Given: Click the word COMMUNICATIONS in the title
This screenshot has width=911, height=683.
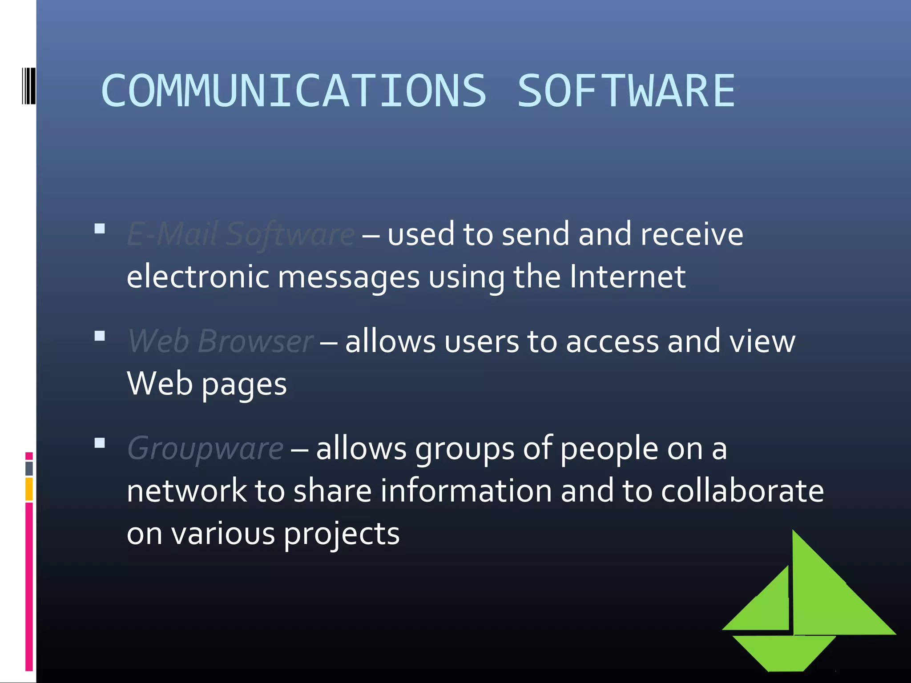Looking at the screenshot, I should (x=294, y=91).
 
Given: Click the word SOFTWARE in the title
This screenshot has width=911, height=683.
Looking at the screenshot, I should (x=626, y=91).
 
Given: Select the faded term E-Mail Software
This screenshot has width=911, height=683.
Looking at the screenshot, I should (x=241, y=234).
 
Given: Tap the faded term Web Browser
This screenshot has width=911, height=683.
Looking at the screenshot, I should (x=221, y=341).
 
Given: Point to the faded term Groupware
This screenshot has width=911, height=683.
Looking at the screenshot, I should (x=205, y=448).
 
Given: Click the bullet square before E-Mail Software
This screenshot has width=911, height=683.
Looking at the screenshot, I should (x=100, y=229).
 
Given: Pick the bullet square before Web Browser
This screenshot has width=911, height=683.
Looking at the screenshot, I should (x=100, y=336).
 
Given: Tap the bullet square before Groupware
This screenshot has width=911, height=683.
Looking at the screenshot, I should (x=100, y=443).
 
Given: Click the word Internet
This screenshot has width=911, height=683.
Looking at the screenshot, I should (x=627, y=277).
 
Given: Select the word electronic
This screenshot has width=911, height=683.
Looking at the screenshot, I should (x=198, y=277).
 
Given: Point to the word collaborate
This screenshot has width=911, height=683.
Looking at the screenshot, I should (x=742, y=491).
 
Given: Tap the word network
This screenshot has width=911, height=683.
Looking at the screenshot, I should (x=186, y=491).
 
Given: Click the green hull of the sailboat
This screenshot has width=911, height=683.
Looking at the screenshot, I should (x=785, y=652).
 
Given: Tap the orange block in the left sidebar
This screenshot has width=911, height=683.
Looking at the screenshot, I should (x=29, y=489).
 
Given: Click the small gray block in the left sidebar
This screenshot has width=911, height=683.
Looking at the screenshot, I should (x=29, y=468).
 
